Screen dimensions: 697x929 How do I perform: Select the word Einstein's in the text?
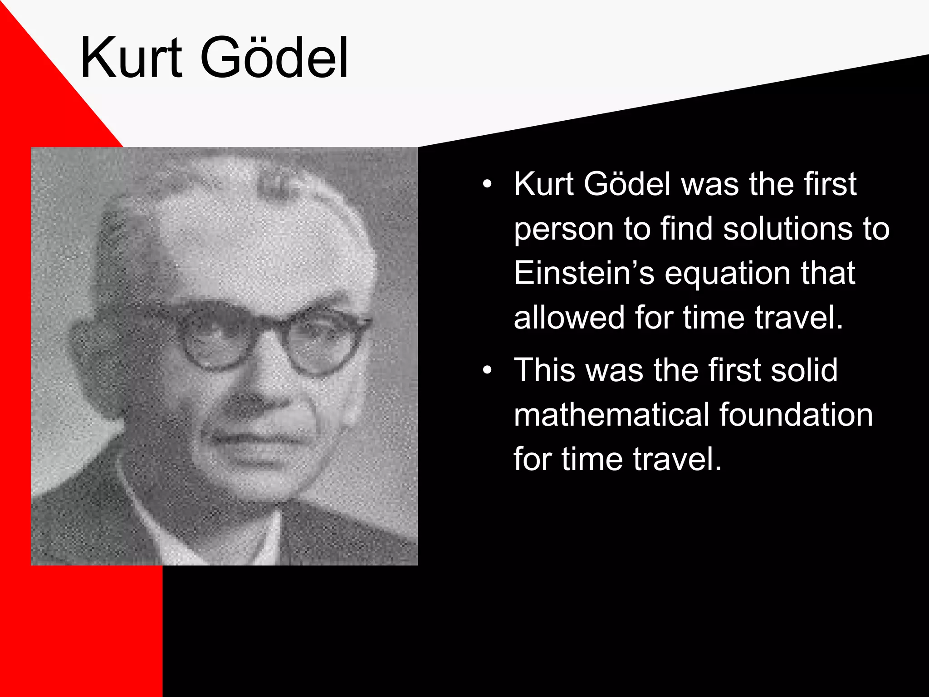click(584, 273)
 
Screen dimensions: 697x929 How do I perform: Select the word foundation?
click(796, 415)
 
